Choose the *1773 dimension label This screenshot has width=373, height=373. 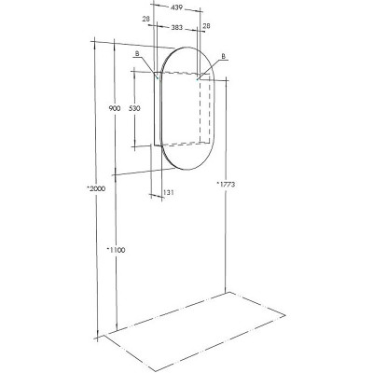(x=225, y=186)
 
